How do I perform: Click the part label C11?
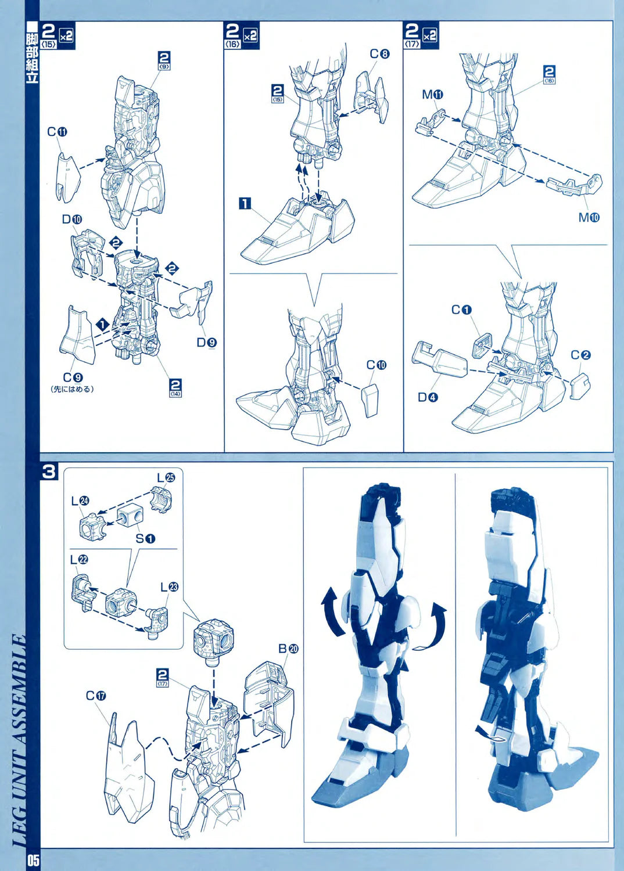57,132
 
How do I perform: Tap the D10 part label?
72,219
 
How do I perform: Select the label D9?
207,342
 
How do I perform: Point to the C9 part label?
73,377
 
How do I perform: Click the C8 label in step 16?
379,53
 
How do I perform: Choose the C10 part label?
376,365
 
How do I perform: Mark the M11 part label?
433,95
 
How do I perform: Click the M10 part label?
589,217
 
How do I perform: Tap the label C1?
461,310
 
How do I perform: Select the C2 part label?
581,355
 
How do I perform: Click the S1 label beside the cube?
145,538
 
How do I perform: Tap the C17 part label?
96,696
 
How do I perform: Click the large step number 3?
49,472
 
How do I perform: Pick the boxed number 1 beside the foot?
245,203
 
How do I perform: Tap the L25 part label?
166,477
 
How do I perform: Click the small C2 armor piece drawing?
580,386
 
